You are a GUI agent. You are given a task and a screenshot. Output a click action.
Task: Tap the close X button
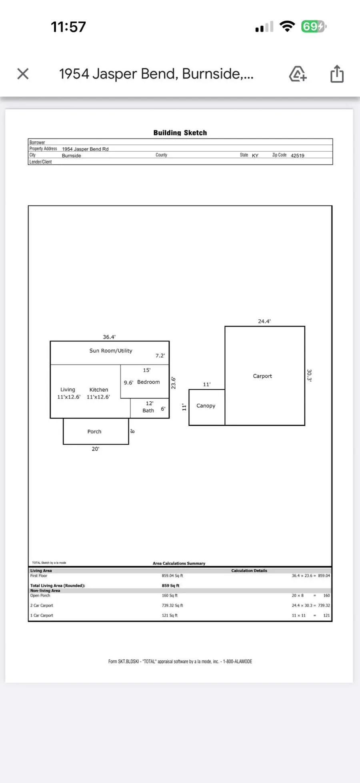click(23, 74)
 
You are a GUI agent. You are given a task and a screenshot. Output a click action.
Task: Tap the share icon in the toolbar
click(337, 74)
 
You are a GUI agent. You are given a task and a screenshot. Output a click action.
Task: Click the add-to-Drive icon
click(298, 74)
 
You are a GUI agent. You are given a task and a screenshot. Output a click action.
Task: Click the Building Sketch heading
click(180, 133)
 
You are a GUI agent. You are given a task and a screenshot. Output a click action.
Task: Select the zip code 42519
click(297, 156)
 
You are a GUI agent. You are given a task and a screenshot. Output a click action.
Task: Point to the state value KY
click(255, 156)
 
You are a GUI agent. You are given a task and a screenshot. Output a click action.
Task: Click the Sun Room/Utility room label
click(111, 351)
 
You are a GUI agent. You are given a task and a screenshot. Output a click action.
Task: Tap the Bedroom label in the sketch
click(148, 382)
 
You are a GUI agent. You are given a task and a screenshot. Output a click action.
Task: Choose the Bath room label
click(148, 411)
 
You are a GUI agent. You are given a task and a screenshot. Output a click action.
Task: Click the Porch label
click(94, 432)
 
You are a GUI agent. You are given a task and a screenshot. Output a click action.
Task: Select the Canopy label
click(206, 406)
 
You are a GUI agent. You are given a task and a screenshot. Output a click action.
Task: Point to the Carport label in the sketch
click(262, 376)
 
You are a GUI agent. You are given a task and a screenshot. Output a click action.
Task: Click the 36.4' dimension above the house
click(109, 337)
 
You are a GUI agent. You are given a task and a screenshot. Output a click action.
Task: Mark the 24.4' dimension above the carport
click(264, 321)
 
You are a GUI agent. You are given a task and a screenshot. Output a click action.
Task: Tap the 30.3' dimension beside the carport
click(309, 375)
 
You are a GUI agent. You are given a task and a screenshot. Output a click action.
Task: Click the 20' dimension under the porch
click(95, 449)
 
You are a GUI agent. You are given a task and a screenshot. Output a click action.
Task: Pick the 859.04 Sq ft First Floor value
click(172, 576)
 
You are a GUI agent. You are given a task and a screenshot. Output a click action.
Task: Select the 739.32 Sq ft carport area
click(172, 606)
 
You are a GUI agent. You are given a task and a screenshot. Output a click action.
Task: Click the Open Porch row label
click(40, 596)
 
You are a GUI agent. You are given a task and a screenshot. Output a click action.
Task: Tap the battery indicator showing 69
click(314, 27)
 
